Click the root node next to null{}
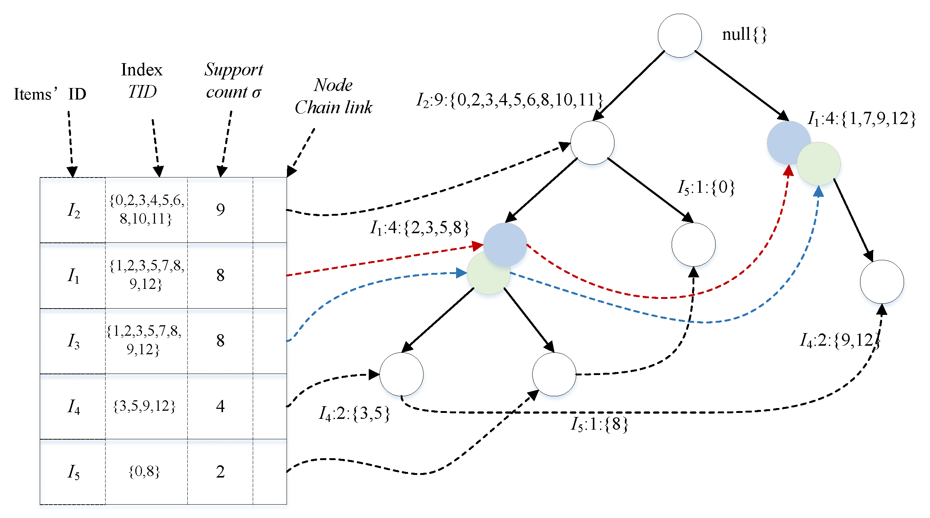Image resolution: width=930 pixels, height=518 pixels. [679, 36]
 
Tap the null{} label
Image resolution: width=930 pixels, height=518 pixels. [744, 35]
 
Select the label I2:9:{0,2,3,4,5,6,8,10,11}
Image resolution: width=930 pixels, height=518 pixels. [509, 100]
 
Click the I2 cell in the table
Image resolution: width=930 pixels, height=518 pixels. [73, 210]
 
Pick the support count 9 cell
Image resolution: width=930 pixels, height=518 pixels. [220, 210]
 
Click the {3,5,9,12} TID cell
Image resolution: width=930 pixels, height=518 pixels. [144, 406]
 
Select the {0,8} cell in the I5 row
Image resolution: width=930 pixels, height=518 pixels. [144, 472]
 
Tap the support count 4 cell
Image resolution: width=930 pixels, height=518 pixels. [220, 406]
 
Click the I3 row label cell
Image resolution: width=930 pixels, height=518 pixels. [73, 341]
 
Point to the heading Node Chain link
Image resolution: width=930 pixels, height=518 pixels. [333, 96]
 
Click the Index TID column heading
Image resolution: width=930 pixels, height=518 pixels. [142, 80]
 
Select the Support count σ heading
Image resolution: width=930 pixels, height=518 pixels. [234, 80]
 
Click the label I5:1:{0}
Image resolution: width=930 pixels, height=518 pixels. [706, 187]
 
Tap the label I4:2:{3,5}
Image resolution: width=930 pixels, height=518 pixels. [354, 413]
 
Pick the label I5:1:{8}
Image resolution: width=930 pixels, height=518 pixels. [599, 424]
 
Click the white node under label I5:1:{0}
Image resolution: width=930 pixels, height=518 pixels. [693, 244]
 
